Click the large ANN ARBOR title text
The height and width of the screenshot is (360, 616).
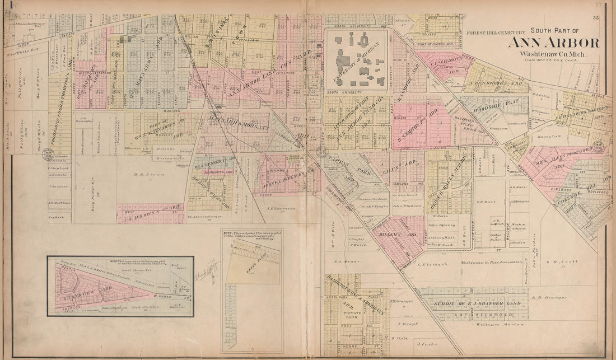(x=553, y=43)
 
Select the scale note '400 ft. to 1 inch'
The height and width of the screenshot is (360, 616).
(x=544, y=61)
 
